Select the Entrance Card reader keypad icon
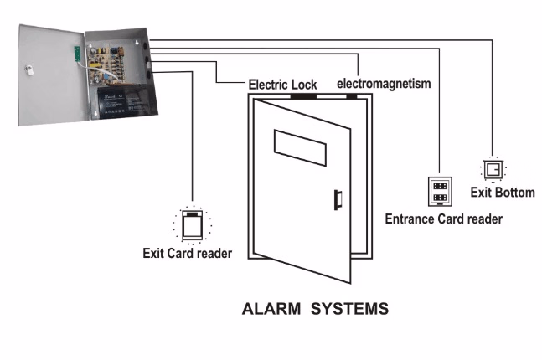tap(438, 191)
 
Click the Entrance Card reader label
tap(443, 219)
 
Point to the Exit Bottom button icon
tap(493, 170)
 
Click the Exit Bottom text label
tap(502, 193)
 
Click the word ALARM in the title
tap(271, 309)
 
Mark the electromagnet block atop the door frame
tap(352, 95)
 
